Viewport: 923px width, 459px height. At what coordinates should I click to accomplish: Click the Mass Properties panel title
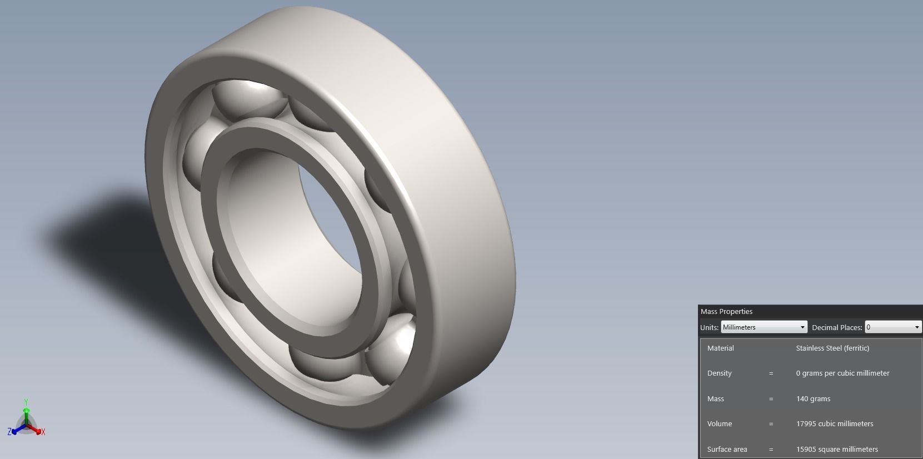coord(726,312)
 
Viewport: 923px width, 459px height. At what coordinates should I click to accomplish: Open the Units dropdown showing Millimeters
coord(764,327)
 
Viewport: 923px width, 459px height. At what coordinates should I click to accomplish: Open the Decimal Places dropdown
coord(892,327)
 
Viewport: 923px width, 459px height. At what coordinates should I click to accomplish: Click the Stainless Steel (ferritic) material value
coord(832,348)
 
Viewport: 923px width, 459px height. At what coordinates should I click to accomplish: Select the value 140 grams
coord(813,399)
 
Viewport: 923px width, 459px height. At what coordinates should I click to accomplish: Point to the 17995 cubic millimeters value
coord(834,424)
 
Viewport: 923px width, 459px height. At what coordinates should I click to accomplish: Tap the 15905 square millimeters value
coord(836,450)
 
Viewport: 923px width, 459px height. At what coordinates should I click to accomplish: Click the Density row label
coord(719,373)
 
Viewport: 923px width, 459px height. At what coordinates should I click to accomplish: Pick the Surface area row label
coord(727,450)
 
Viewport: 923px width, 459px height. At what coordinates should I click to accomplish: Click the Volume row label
coord(719,424)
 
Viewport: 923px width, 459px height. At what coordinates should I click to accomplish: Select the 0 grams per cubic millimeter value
coord(842,373)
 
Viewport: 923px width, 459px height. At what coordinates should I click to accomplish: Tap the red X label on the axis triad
coord(43,432)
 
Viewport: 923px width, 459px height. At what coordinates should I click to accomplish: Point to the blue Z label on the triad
coord(9,432)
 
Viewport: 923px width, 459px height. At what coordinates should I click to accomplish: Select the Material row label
coord(720,348)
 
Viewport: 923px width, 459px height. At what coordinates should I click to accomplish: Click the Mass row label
coord(715,399)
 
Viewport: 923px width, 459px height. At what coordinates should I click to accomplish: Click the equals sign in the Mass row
coord(771,399)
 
